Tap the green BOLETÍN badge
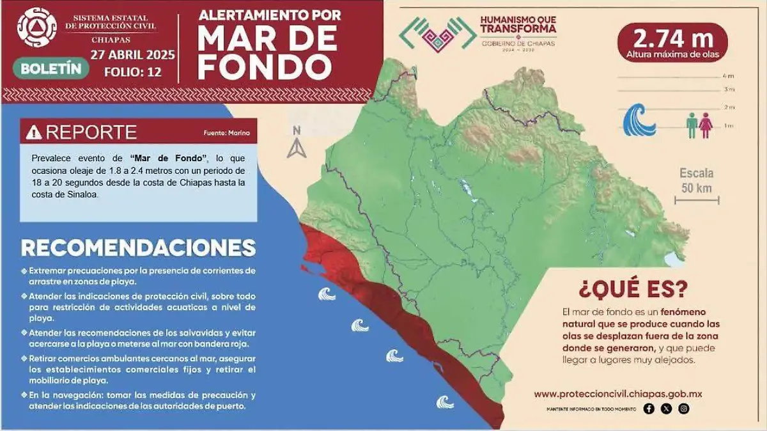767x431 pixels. click(x=50, y=68)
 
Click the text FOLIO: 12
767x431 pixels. click(x=132, y=72)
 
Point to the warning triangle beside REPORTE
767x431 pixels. click(x=34, y=132)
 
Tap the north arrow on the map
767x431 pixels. click(x=296, y=145)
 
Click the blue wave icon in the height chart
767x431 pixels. click(x=639, y=121)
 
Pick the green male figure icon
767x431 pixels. click(x=691, y=125)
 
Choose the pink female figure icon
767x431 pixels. click(x=705, y=125)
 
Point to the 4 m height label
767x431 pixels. click(x=729, y=76)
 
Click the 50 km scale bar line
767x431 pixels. click(x=697, y=201)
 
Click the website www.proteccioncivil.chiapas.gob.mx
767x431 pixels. click(x=617, y=394)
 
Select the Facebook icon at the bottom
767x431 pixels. click(x=649, y=409)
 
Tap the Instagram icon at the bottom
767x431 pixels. click(x=684, y=409)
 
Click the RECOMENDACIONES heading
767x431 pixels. click(x=138, y=248)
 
